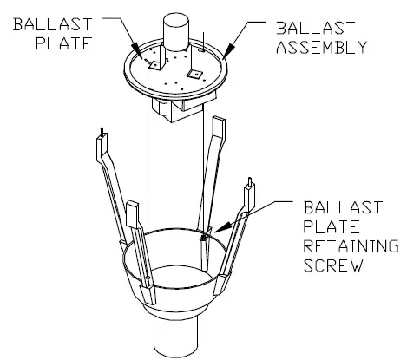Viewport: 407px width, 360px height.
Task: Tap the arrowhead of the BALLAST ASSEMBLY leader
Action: (x=224, y=56)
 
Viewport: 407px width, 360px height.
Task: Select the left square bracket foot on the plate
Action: (x=155, y=62)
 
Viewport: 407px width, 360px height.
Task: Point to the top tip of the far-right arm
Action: (x=253, y=183)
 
